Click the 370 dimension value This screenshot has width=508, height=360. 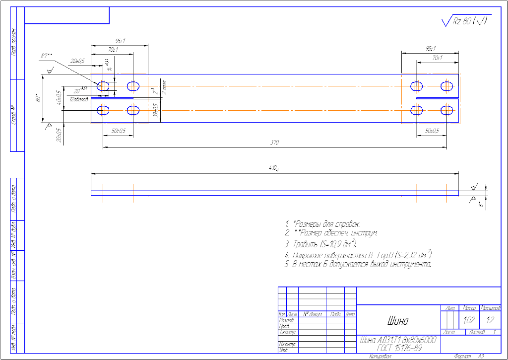pos(275,143)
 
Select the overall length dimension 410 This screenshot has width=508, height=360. pos(273,168)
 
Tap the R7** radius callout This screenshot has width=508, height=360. pos(46,56)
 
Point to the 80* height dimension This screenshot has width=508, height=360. pos(38,99)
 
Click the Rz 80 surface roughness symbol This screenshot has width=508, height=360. pos(465,21)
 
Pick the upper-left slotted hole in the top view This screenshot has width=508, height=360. pos(103,86)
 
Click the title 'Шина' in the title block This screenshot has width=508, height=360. pos(397,322)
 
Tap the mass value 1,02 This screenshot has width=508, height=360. pos(468,321)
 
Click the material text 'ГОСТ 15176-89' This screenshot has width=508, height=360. pos(397,348)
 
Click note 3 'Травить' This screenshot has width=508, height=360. pos(321,244)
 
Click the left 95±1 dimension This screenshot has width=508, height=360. pos(120,41)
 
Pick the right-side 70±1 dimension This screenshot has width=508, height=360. pos(437,58)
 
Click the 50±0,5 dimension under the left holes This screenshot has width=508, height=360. pos(118,131)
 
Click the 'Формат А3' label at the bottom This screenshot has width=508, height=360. pos(468,357)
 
